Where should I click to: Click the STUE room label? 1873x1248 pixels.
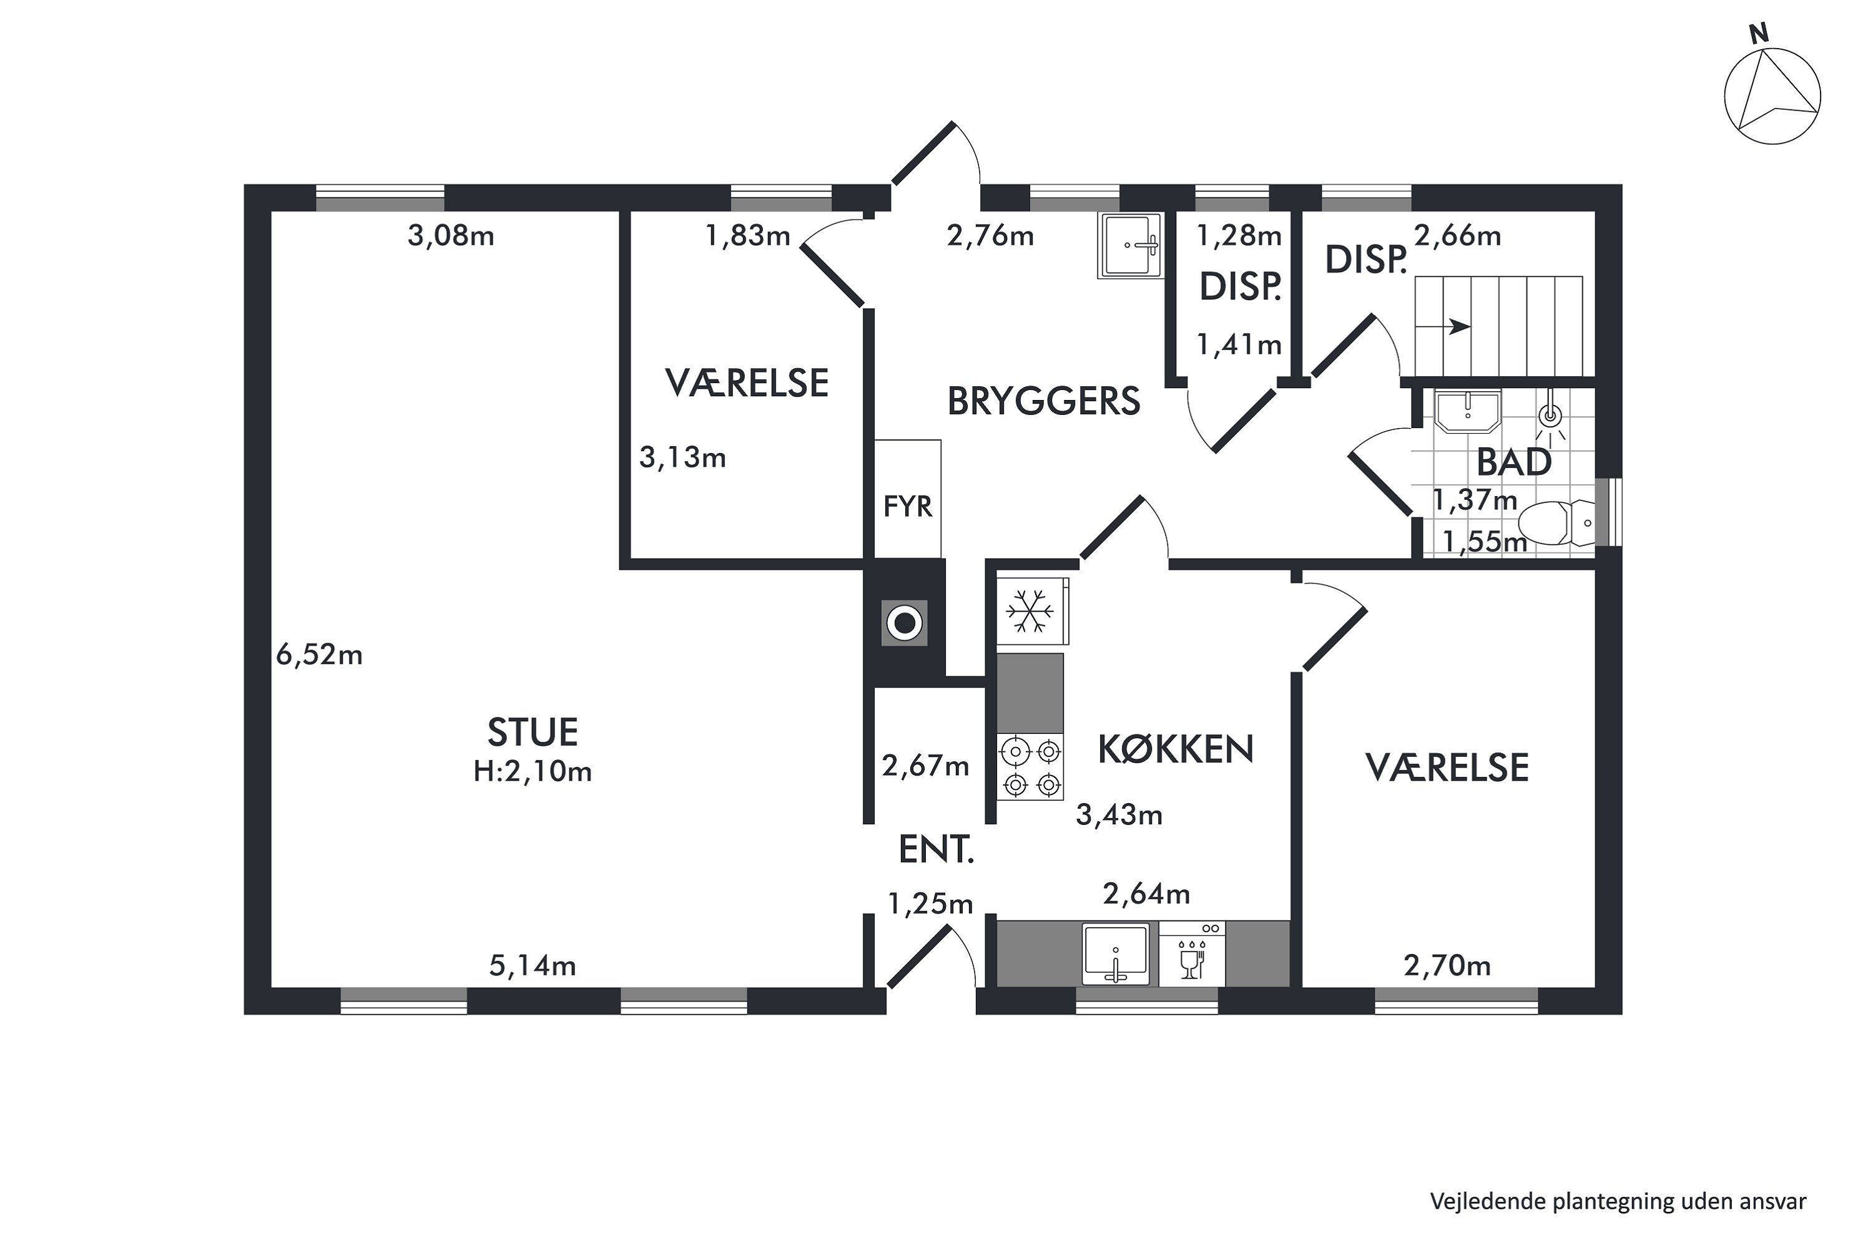(x=532, y=732)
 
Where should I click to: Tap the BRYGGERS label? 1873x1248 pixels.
(x=1043, y=401)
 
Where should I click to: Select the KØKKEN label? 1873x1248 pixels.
(x=1176, y=749)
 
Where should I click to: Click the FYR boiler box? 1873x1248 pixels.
(x=908, y=499)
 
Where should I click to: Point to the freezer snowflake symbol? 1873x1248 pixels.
(x=1031, y=612)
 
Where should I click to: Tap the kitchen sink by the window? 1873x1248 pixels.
(x=1116, y=953)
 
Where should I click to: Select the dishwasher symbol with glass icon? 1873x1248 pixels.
(x=1192, y=953)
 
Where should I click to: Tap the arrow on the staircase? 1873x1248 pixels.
(x=1442, y=326)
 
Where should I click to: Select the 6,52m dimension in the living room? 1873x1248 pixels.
(x=319, y=655)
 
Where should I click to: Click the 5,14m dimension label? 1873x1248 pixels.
(x=532, y=965)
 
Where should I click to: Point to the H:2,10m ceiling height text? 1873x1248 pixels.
(x=532, y=771)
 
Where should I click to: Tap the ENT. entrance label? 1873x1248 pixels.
(x=936, y=850)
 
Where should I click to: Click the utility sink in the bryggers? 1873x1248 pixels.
(x=1130, y=245)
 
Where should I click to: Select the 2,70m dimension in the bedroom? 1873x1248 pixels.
(x=1447, y=965)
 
